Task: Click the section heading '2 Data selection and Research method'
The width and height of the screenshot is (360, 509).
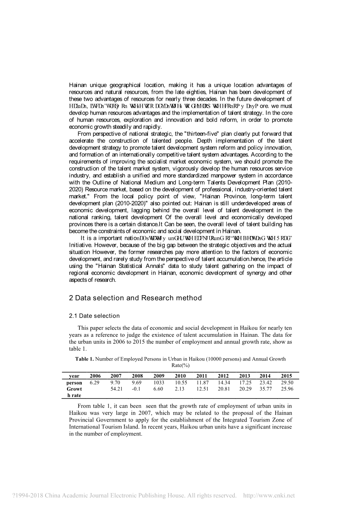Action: tap(135, 298)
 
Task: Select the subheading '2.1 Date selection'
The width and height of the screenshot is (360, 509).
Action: tap(94, 316)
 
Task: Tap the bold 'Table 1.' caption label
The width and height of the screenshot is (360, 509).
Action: tap(84, 359)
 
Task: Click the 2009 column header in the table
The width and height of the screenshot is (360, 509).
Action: tap(159, 376)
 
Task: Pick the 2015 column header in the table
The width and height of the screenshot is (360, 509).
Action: tap(286, 376)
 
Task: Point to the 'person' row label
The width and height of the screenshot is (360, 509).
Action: tap(74, 383)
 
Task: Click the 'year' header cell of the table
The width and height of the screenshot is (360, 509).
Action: tap(74, 376)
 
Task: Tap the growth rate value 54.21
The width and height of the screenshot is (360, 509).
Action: tap(116, 389)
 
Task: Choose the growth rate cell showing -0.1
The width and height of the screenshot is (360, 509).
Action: tap(136, 389)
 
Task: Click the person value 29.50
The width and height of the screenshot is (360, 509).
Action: tap(287, 383)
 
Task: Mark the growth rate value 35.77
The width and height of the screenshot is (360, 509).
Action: tap(265, 389)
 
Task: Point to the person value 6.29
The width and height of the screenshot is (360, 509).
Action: tap(95, 383)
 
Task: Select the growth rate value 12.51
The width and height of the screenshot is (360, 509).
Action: tap(202, 389)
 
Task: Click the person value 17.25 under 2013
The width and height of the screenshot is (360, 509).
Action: tap(245, 383)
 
